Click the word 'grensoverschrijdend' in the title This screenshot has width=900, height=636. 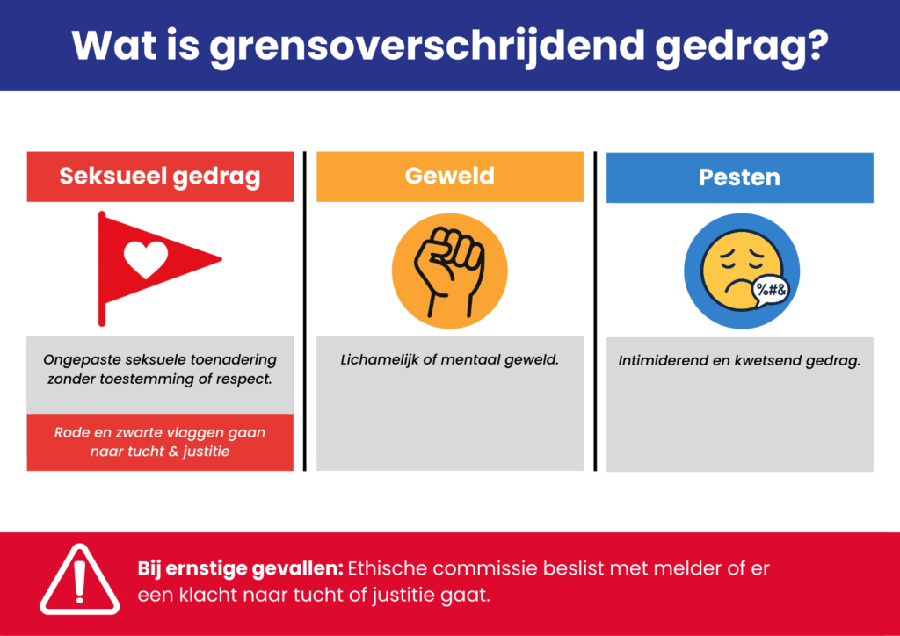coord(427,46)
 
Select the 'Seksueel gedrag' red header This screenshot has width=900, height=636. coord(160,177)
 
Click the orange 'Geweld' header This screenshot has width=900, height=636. coord(450,176)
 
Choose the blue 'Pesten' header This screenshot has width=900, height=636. coord(740,177)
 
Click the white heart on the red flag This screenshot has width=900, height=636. coord(147,258)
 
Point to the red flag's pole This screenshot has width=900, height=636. coord(102,269)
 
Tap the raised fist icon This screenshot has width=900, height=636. coord(450,271)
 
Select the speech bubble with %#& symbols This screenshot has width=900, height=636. coord(770,290)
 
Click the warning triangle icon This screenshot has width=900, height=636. coord(80,580)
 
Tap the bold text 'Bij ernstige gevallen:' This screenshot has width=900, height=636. coord(240,569)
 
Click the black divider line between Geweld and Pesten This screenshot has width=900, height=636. coord(595,311)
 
